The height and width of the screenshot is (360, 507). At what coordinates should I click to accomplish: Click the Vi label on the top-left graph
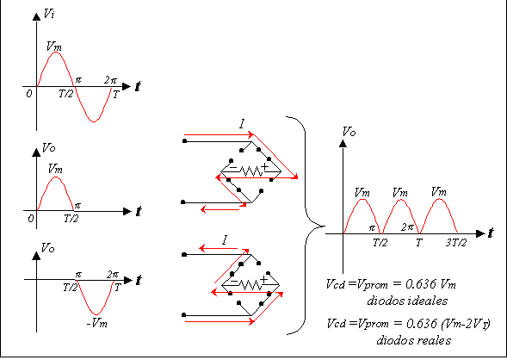49,14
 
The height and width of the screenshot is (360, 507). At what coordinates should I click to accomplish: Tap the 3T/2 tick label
456,243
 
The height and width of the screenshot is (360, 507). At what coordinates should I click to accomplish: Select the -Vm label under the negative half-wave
97,323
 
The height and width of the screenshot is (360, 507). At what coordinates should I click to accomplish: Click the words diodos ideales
407,301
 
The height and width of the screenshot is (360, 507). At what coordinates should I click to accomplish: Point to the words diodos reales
414,340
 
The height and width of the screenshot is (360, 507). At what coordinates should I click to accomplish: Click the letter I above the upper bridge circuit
242,123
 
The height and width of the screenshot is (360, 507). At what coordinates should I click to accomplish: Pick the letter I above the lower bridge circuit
225,240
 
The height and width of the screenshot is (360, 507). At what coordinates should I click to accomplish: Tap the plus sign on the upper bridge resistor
265,166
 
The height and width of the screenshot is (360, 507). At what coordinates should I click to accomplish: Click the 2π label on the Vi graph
110,80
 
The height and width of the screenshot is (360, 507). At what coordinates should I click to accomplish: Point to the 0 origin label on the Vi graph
29,94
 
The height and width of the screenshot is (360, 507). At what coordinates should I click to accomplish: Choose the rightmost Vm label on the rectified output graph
439,192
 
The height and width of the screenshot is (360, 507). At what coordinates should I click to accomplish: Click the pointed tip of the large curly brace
325,226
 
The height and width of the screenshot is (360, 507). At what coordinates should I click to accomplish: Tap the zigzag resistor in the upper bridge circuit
251,171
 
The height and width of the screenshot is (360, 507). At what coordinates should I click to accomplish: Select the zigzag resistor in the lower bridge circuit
250,285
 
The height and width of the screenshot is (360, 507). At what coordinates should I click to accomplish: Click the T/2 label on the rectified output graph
380,243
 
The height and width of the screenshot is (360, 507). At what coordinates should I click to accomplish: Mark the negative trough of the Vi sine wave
94,121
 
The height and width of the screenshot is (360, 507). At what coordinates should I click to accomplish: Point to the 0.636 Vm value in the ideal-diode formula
430,284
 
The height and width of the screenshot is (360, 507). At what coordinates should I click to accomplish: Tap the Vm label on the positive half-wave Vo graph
55,169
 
